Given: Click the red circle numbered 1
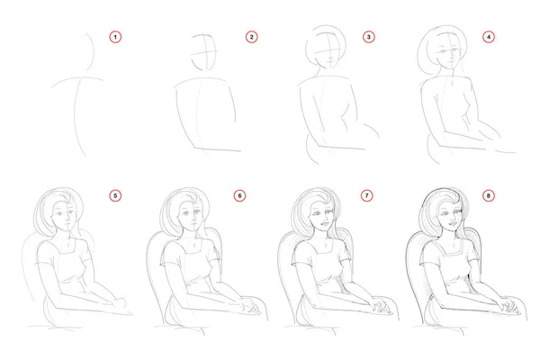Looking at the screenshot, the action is coord(115,37).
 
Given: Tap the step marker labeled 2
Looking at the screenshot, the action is coord(251,37).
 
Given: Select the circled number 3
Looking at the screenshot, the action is coord(368,37).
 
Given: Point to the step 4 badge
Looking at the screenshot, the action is coord(489,37).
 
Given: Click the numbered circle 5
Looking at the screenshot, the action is coord(115,195).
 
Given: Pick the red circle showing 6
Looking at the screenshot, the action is coord(239,195).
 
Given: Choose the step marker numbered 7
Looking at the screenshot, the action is coord(367,195).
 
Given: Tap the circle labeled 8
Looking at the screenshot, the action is coord(488,195).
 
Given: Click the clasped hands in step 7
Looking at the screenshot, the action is coord(380,306).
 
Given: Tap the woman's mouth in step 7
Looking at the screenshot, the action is coord(324,224).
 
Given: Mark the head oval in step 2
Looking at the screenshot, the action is coord(204,52).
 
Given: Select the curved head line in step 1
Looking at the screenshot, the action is coord(90,51).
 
